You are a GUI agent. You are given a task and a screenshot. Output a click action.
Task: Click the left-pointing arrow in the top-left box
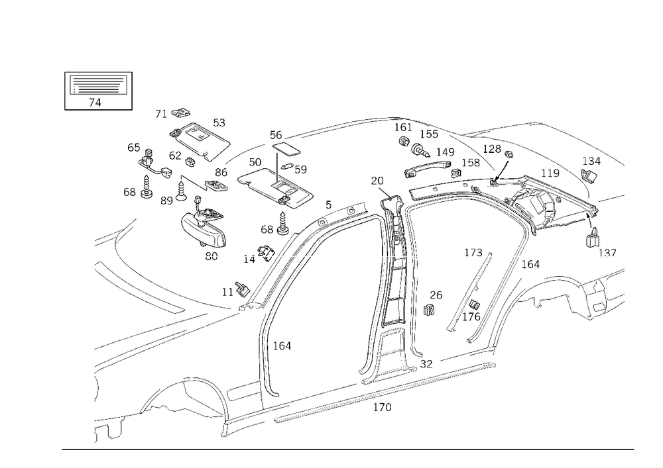click(x=98, y=87)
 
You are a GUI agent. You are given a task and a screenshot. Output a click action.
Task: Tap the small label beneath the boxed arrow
click(x=95, y=103)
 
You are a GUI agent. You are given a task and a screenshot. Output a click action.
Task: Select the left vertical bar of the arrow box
click(x=65, y=90)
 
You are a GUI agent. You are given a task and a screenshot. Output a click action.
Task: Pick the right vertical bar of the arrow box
click(x=133, y=90)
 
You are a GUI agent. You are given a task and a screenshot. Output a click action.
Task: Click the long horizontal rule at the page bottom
click(x=348, y=448)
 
